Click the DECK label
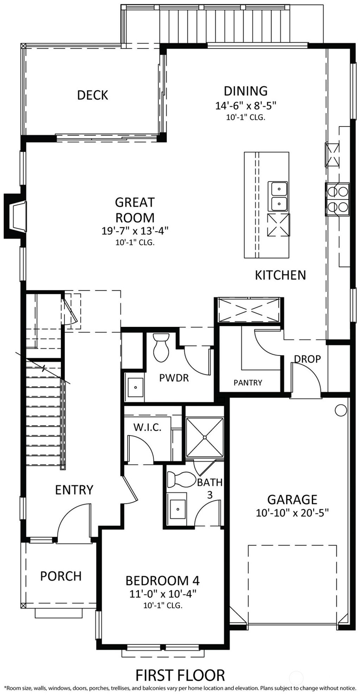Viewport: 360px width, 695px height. [92, 95]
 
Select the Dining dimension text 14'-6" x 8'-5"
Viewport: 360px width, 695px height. [246, 105]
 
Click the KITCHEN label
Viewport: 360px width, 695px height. [280, 275]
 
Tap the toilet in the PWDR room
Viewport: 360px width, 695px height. [161, 348]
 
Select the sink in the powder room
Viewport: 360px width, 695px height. [135, 388]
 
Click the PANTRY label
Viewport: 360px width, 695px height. [248, 382]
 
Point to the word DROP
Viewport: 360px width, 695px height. [307, 359]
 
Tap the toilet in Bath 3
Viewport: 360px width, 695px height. [181, 479]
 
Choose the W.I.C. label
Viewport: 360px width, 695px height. [147, 427]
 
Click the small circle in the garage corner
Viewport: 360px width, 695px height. [340, 410]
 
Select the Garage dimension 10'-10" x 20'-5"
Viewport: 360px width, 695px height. [292, 513]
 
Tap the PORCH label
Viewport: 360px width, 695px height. [61, 576]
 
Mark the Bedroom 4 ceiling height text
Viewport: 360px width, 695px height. [162, 606]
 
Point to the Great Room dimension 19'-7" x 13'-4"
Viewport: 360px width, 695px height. [135, 231]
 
